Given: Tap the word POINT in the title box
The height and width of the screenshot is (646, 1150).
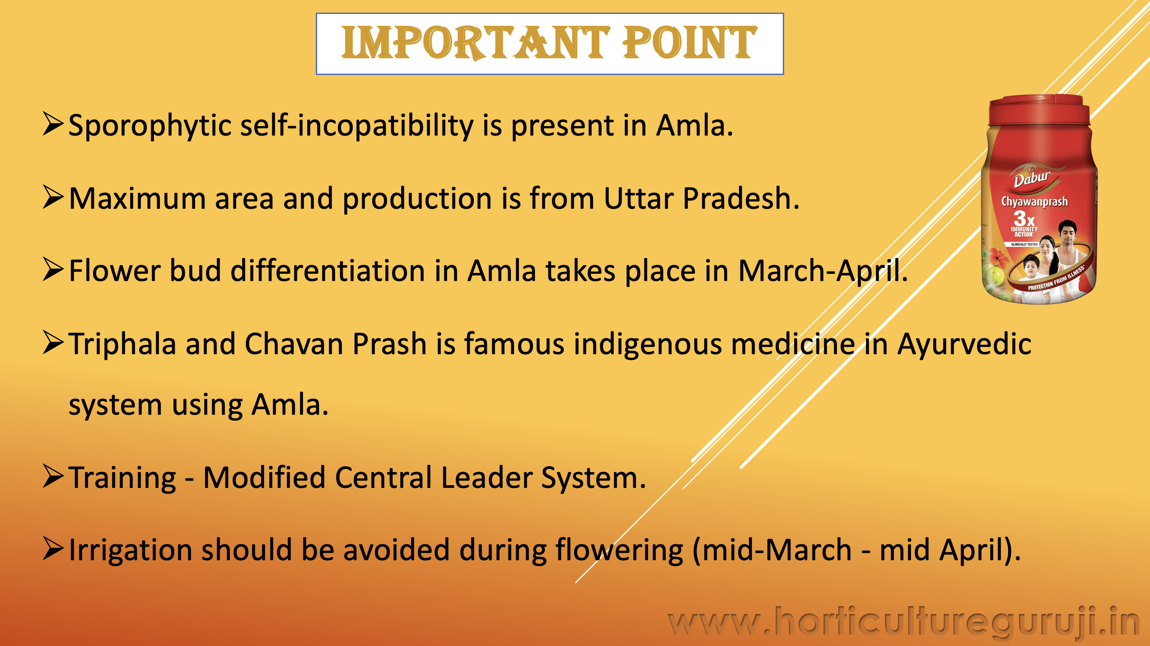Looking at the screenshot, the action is (689, 43).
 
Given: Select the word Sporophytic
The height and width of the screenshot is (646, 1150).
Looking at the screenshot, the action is (150, 126).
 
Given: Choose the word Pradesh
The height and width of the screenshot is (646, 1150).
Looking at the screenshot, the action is (741, 198).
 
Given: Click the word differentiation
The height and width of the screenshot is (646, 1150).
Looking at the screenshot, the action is (328, 271).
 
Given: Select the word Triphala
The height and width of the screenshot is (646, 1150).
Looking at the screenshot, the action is (122, 345).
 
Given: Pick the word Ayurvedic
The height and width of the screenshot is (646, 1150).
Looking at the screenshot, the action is (964, 344).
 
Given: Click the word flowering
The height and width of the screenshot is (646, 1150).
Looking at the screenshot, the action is (619, 551).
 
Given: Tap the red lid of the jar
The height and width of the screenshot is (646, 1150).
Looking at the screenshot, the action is (1039, 110).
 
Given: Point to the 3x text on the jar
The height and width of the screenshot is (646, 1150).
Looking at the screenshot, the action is (1024, 219).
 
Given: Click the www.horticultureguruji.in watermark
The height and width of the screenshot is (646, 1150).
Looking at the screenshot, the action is (903, 623).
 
